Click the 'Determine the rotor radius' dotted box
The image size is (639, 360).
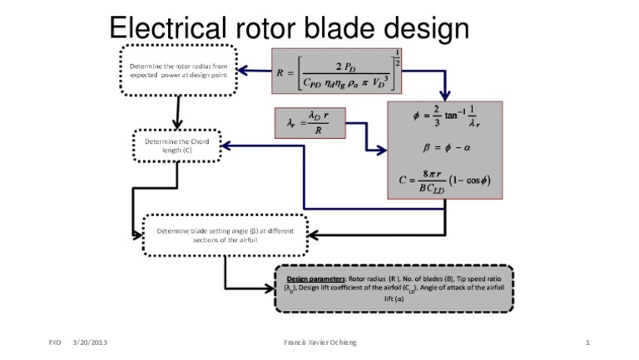pyautogui.click(x=179, y=68)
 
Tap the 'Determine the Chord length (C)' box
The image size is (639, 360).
pyautogui.click(x=176, y=146)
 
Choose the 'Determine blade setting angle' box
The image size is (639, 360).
pyautogui.click(x=225, y=234)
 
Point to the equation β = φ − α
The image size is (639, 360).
pyautogui.click(x=445, y=149)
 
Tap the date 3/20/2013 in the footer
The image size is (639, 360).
pyautogui.click(x=90, y=343)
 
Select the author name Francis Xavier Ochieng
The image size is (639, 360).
pyautogui.click(x=319, y=343)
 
